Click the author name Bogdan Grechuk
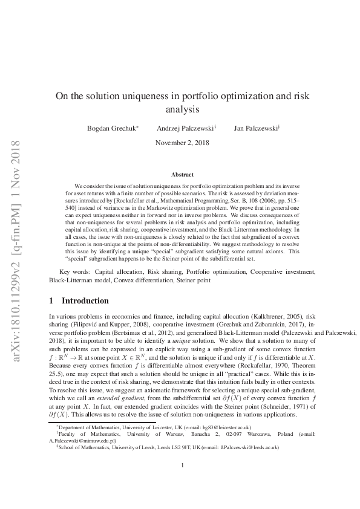point(113,129)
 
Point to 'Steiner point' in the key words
point(192,280)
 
